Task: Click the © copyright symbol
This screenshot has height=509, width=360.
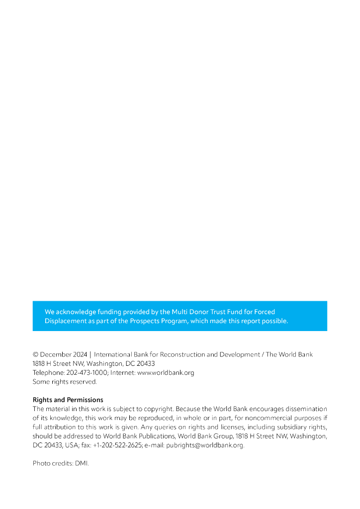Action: click(x=35, y=354)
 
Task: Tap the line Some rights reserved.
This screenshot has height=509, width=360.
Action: click(x=65, y=382)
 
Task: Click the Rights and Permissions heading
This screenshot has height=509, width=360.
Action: click(x=68, y=400)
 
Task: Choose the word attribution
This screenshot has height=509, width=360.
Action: click(x=59, y=427)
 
